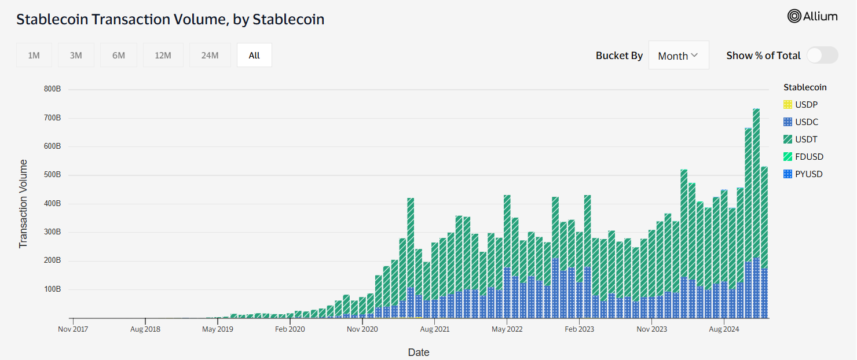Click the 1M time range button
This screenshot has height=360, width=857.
(34, 56)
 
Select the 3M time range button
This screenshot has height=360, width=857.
(76, 56)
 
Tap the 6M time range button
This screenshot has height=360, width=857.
(119, 56)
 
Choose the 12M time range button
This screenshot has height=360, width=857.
(163, 56)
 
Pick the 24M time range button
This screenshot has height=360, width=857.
(210, 56)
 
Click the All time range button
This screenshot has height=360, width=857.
(254, 56)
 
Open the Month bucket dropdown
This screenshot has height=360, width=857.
(679, 56)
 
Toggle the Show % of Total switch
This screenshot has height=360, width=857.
(822, 56)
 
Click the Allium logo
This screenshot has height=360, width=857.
(812, 16)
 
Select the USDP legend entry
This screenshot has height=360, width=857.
(806, 105)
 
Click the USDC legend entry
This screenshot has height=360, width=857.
(806, 122)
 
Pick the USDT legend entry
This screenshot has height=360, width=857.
(806, 139)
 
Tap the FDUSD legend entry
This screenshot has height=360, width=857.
(808, 157)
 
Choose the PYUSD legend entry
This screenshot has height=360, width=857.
(808, 174)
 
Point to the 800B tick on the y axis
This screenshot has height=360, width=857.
(52, 89)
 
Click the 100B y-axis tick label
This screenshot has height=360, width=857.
(52, 289)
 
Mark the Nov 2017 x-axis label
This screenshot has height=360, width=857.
(73, 329)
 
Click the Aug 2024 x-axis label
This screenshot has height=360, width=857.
(724, 329)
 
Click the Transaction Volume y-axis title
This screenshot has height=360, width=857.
(23, 203)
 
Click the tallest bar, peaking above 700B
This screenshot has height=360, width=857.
(756, 214)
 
